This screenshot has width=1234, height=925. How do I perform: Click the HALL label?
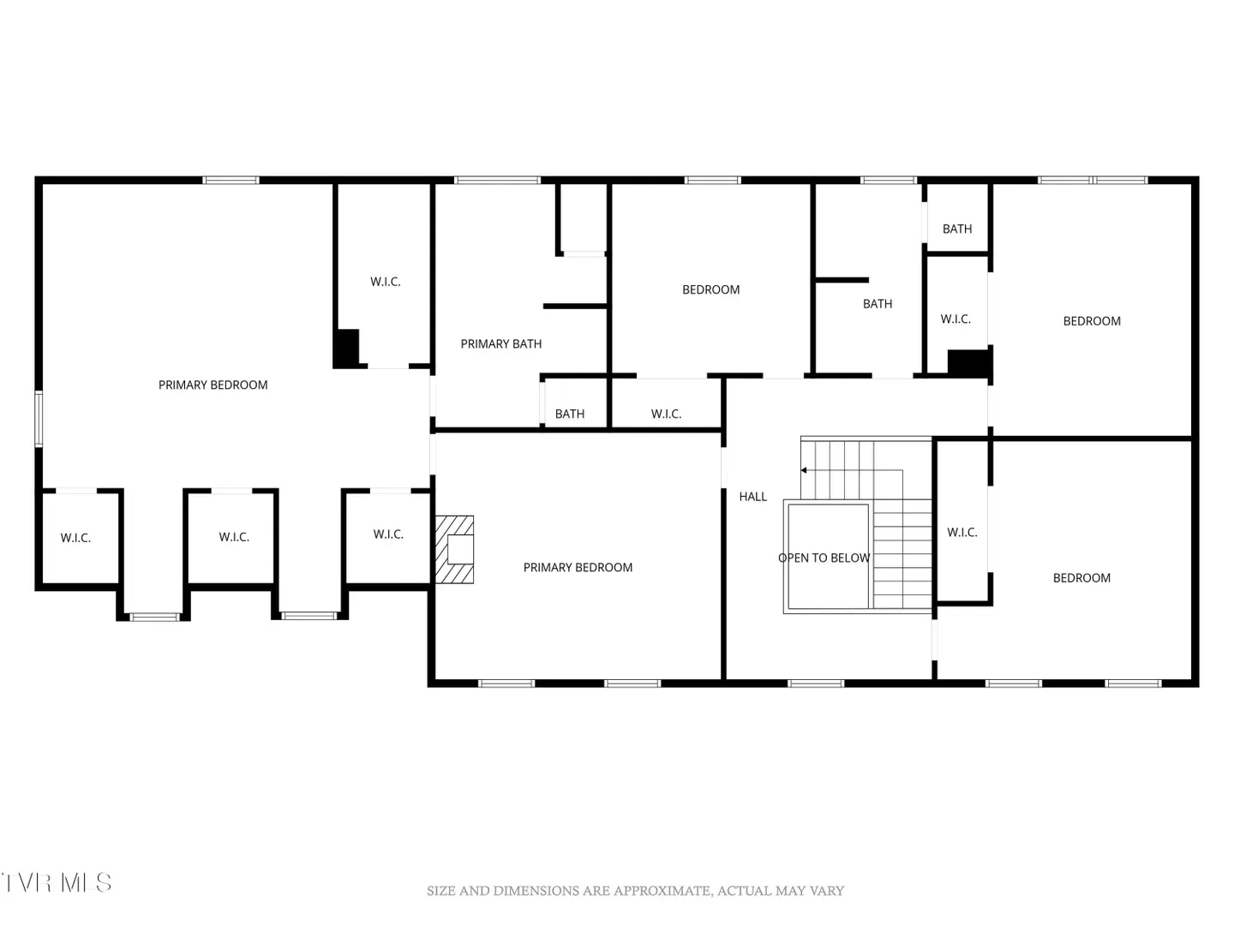752,497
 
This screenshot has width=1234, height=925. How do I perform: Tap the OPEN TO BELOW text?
824,558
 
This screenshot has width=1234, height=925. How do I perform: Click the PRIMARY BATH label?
501,343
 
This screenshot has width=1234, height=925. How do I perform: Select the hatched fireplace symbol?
454,549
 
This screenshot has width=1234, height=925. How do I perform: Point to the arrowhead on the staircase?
804,470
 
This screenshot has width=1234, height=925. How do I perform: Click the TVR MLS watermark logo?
57,883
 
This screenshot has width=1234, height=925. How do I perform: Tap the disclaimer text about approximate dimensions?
635,891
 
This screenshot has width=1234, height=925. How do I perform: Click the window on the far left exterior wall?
39,419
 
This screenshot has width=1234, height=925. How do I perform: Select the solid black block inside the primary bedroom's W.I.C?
346,349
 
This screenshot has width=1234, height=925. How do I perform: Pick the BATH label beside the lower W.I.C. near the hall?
570,414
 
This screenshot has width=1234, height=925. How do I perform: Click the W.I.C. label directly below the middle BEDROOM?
666,414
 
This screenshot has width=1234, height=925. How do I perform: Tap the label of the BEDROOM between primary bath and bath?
710,289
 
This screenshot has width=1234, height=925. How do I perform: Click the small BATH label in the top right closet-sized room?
957,230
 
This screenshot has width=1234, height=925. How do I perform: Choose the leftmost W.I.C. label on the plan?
75,538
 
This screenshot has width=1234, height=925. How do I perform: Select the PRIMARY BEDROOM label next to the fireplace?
578,567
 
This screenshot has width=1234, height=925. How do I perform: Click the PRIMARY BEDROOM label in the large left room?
213,385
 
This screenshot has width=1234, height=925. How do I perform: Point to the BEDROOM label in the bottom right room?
1081,578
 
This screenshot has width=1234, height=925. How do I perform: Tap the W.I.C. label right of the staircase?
961,533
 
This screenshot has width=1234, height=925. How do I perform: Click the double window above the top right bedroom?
1093,180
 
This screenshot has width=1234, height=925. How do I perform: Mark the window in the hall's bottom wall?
816,683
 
